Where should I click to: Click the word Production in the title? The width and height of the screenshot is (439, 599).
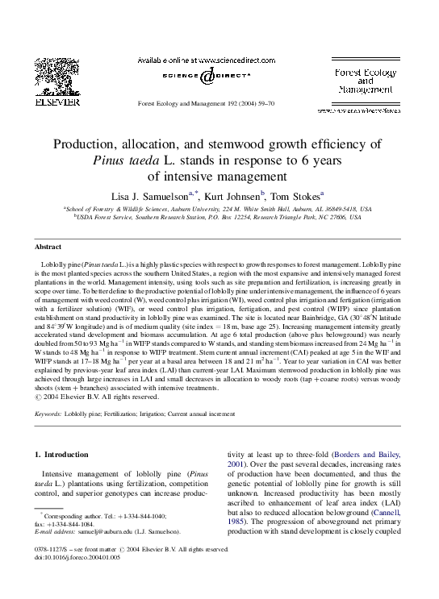[x=87, y=144]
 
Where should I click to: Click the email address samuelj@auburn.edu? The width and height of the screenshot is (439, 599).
[x=102, y=532]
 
